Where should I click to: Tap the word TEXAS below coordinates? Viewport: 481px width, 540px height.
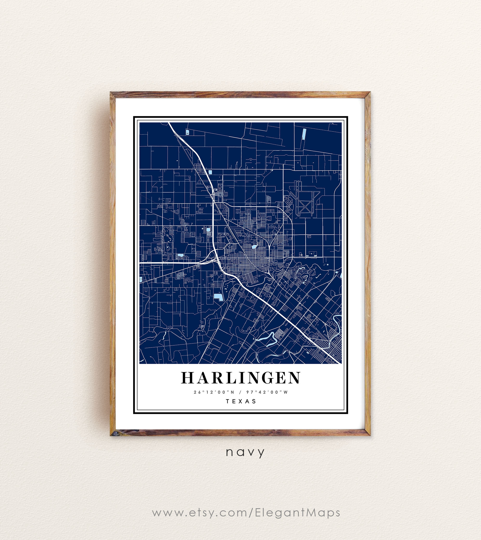[241, 401]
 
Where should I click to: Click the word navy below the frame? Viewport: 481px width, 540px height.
[245, 452]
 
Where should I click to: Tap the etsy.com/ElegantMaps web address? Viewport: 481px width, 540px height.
[246, 513]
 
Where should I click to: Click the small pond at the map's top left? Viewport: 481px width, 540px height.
[187, 132]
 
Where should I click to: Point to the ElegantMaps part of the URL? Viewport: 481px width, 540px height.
[297, 513]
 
